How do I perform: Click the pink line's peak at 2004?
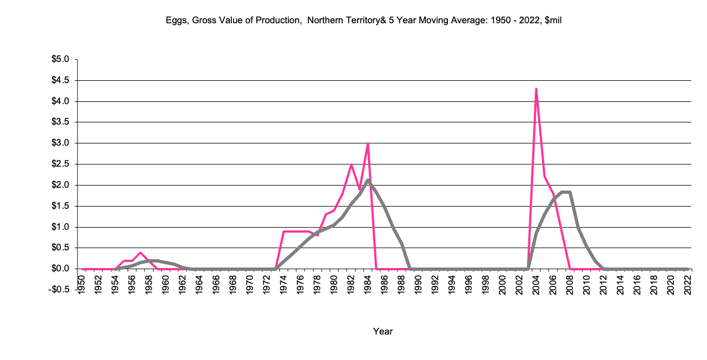pyautogui.click(x=536, y=89)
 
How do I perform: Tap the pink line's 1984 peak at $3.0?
pyautogui.click(x=368, y=143)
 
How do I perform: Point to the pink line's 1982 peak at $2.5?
pyautogui.click(x=351, y=164)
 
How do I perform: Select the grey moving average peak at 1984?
pyautogui.click(x=368, y=180)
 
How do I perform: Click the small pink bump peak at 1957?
pyautogui.click(x=141, y=253)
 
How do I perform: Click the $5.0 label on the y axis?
pyautogui.click(x=61, y=59)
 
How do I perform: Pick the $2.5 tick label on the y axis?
pyautogui.click(x=61, y=164)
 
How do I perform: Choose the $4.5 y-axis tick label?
pyautogui.click(x=61, y=80)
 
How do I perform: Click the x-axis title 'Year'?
pyautogui.click(x=383, y=331)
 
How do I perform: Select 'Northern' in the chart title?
pyautogui.click(x=324, y=20)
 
